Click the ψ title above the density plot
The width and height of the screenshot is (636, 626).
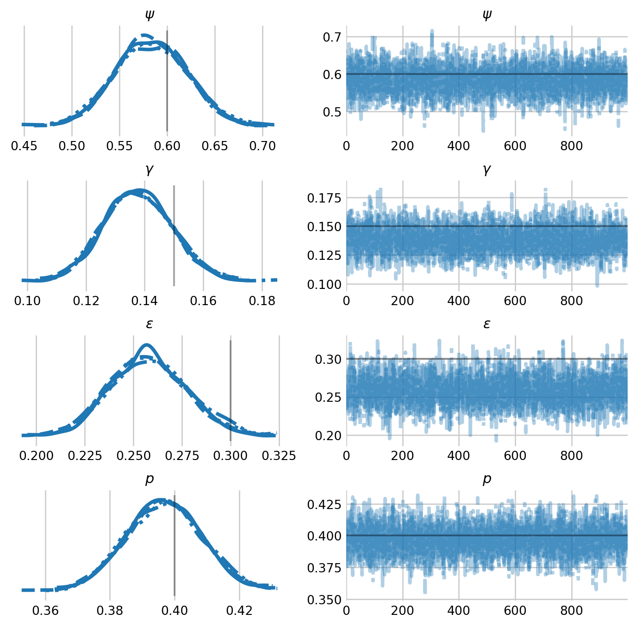click(149, 15)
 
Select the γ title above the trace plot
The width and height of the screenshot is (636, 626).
click(486, 170)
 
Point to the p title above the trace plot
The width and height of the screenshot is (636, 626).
click(486, 479)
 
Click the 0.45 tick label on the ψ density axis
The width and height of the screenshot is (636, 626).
click(24, 146)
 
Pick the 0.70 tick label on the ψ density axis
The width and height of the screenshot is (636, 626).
click(262, 146)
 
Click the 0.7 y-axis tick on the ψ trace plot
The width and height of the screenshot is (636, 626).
click(331, 37)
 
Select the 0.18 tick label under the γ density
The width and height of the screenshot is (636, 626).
click(262, 301)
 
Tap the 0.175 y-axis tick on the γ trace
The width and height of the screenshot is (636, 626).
click(325, 198)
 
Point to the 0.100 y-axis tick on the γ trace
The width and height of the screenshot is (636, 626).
click(325, 284)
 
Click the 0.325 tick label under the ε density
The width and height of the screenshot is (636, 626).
click(279, 456)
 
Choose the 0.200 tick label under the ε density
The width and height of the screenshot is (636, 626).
click(36, 456)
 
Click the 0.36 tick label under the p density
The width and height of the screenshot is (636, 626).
click(45, 610)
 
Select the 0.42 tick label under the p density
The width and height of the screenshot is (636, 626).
click(239, 610)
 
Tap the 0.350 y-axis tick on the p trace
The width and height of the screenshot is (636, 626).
click(325, 600)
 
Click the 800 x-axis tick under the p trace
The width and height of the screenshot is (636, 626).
click(571, 611)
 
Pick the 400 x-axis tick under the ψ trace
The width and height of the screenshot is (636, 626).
click(459, 146)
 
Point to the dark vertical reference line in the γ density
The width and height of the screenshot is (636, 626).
click(174, 236)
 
